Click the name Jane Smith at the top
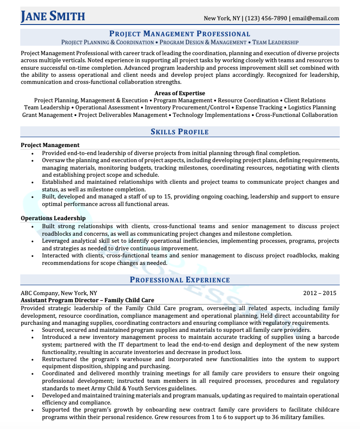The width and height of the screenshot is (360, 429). click(53, 16)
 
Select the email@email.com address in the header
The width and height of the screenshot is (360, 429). click(315, 18)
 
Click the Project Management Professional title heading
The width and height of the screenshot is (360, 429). click(180, 33)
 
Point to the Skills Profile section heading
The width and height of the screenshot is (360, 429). click(180, 132)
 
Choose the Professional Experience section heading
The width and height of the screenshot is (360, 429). click(180, 280)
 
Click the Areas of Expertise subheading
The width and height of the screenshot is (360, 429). click(180, 93)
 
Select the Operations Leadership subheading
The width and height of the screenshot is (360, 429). click(53, 218)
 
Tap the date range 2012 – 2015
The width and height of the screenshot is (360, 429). click(320, 293)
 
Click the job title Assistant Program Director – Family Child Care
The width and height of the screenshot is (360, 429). click(87, 300)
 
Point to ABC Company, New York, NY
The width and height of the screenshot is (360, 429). click(59, 293)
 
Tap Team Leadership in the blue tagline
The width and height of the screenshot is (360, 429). click(275, 42)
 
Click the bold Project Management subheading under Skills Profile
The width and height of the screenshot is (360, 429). click(50, 145)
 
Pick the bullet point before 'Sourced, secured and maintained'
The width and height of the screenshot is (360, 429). click(32, 330)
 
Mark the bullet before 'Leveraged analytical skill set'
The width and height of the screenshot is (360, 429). click(32, 241)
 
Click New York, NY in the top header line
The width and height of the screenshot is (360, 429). click(222, 18)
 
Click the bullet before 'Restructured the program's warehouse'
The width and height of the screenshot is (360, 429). click(32, 359)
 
